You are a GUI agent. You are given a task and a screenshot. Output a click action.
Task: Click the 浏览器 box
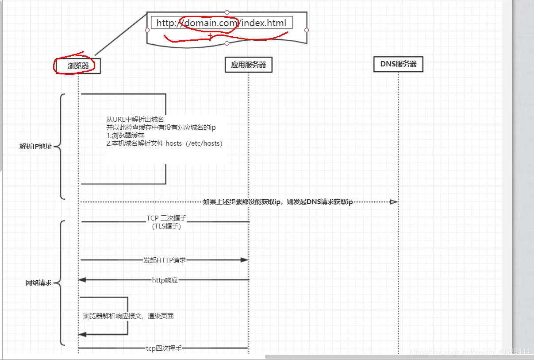pos(78,66)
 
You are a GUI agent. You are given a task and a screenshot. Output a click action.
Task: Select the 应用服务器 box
pos(248,65)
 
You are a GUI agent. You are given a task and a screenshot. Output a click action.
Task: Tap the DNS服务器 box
pos(398,64)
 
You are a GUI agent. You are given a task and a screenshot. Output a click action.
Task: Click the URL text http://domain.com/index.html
pos(221,23)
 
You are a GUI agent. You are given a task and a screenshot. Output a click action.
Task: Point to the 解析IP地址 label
pos(35,147)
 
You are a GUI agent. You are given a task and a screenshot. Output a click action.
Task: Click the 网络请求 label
pos(38,283)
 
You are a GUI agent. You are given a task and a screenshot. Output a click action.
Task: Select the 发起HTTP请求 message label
pos(165,260)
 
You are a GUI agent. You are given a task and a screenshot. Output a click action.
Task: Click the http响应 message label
pos(165,280)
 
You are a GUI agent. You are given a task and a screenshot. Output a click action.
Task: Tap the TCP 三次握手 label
pos(166,218)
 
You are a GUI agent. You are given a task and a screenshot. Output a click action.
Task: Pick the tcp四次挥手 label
pos(164,348)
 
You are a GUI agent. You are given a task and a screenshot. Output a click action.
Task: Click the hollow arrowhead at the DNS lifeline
pos(394,202)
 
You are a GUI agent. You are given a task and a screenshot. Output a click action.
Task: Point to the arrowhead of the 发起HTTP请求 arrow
pos(244,260)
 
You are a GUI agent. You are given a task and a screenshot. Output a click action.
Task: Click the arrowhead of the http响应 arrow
pos(82,280)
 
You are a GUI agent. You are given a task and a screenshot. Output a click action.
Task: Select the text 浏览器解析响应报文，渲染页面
pos(128,316)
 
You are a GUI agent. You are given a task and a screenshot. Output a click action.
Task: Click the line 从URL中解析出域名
pos(135,120)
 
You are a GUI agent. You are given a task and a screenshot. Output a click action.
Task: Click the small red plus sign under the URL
pos(210,35)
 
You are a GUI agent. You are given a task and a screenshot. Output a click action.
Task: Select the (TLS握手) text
pos(166,226)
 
